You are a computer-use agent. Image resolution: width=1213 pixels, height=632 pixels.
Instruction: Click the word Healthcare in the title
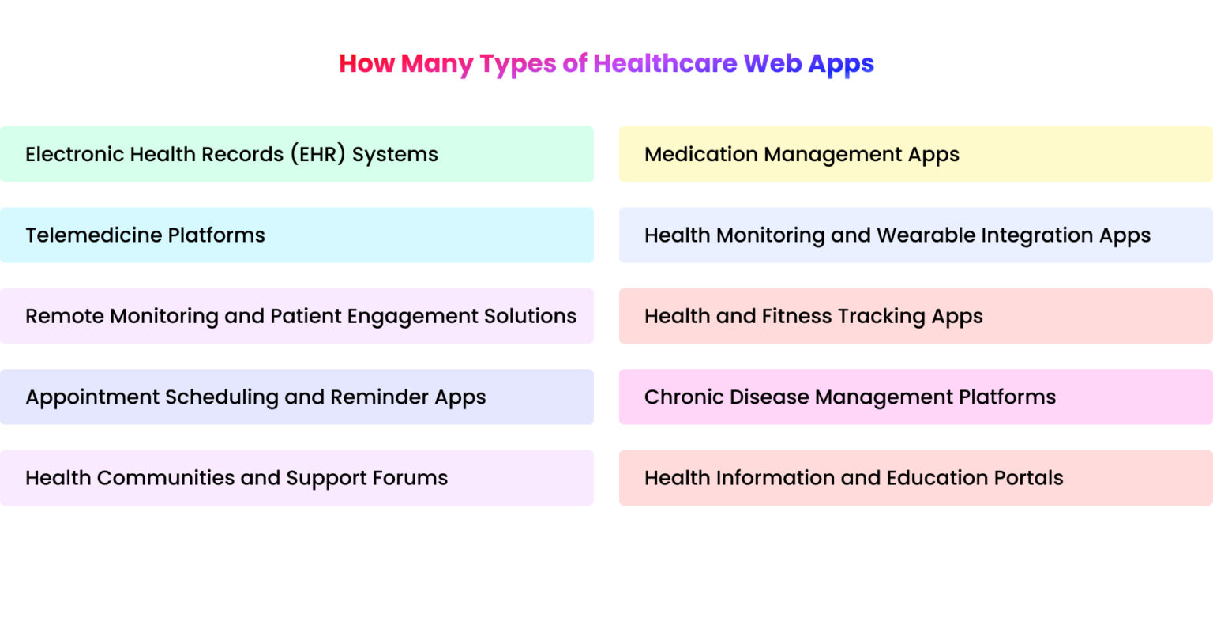point(665,63)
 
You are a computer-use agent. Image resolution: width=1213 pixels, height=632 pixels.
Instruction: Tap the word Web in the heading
point(772,63)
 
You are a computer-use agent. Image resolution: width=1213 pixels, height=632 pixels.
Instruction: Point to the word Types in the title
point(517,63)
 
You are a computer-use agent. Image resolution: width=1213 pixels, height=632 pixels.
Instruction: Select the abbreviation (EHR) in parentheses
point(317,154)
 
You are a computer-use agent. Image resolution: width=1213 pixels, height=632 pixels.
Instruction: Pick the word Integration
point(1037,235)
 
